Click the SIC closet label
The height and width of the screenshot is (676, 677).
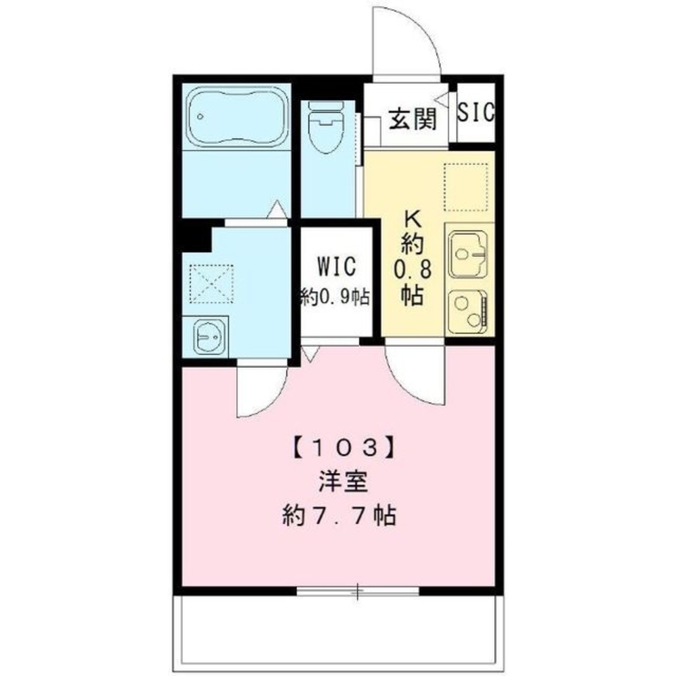[x=475, y=112]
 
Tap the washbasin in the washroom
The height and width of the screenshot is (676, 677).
[x=210, y=336]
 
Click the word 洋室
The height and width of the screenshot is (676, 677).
[x=342, y=484]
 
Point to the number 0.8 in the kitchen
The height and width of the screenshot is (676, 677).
[x=413, y=268]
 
